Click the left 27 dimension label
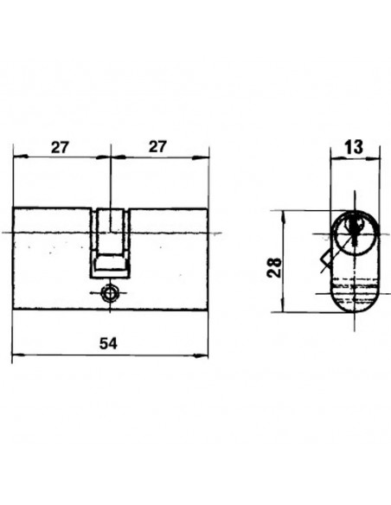click(x=61, y=148)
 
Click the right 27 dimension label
click(x=157, y=146)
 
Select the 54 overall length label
click(x=108, y=343)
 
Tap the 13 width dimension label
click(x=354, y=147)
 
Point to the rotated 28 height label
click(x=274, y=267)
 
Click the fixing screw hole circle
click(x=110, y=293)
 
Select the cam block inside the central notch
click(x=110, y=263)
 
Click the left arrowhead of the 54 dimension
click(x=18, y=355)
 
